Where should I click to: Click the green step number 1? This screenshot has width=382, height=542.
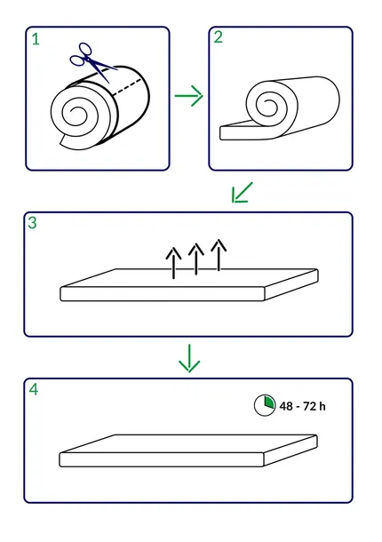[36, 39]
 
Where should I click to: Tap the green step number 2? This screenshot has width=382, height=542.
[219, 37]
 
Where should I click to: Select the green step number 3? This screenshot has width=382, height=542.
[32, 223]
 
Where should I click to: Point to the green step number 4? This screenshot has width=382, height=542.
[34, 389]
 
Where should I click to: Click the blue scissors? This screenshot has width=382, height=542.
[91, 61]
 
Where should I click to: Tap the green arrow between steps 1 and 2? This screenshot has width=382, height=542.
[188, 95]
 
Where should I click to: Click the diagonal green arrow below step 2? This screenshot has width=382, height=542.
[242, 192]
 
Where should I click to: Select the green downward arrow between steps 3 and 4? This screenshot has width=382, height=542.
[189, 358]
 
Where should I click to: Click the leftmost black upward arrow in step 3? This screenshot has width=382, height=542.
[173, 263]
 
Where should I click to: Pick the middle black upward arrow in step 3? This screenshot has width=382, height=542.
[196, 259]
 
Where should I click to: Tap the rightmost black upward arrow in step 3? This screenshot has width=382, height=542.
[219, 254]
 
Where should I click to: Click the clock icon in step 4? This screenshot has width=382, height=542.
[265, 405]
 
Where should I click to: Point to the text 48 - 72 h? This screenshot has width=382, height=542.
[302, 406]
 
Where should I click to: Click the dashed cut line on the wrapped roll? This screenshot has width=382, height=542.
[127, 86]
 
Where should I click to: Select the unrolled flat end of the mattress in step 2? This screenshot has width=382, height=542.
[239, 132]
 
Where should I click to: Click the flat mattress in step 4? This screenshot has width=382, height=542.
[188, 450]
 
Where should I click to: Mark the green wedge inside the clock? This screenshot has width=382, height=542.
[269, 402]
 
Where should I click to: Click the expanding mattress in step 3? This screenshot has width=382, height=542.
[189, 285]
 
